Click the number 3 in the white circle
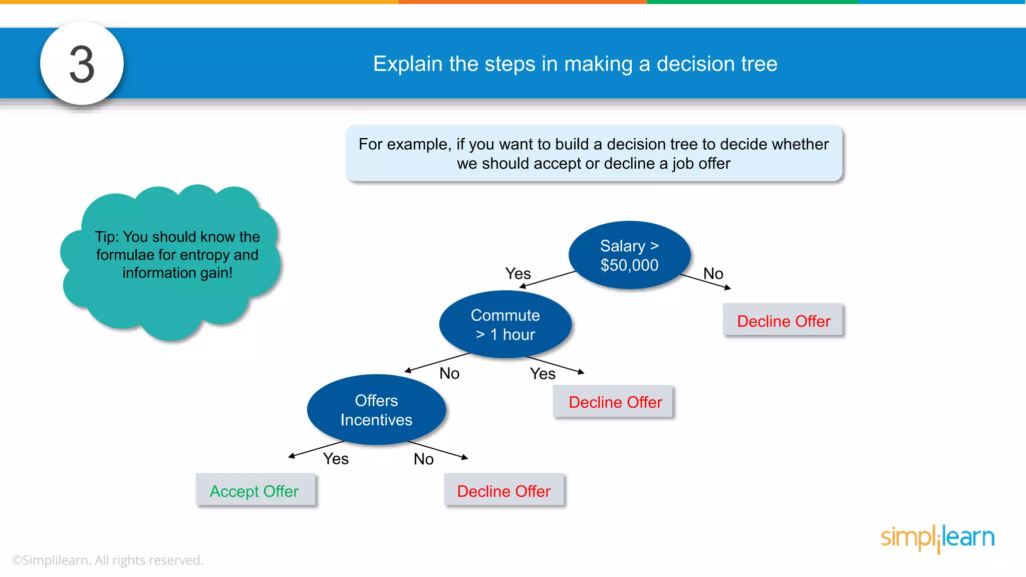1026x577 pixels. (x=82, y=64)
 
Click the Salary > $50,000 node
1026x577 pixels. (x=629, y=255)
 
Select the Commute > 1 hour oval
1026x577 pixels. (x=505, y=325)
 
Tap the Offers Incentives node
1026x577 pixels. (x=376, y=410)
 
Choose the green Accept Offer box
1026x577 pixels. (x=255, y=491)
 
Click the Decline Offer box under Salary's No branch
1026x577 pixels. (x=783, y=321)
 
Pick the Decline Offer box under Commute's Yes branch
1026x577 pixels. (x=615, y=402)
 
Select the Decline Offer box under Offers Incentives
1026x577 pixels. (x=503, y=491)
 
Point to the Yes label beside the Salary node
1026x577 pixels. (x=518, y=273)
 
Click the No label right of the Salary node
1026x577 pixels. (x=713, y=273)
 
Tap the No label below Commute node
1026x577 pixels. (x=449, y=373)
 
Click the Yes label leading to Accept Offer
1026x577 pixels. (x=336, y=458)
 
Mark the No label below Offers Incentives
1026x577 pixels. (x=423, y=459)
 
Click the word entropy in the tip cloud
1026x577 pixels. (x=203, y=255)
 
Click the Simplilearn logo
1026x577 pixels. (x=937, y=538)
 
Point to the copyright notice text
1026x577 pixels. (x=107, y=560)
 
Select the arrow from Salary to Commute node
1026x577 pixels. (x=548, y=279)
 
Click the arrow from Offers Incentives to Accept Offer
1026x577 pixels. (x=316, y=449)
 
